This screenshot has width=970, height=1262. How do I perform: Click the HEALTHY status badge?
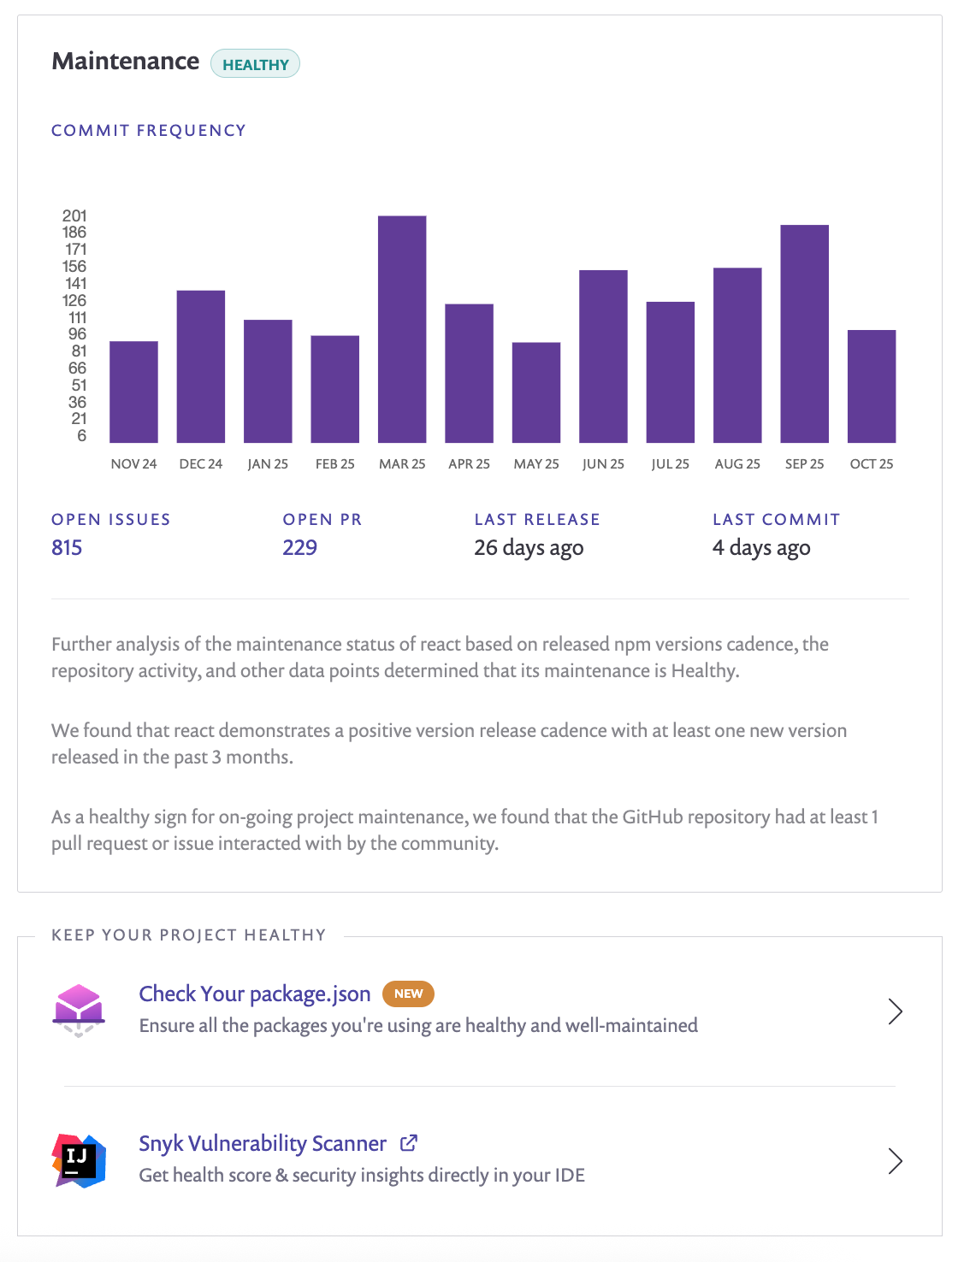tap(255, 64)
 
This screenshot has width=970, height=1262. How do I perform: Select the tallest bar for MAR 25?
tap(402, 329)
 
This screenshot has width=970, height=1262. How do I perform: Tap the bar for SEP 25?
tap(804, 333)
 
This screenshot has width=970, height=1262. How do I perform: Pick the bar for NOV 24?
tap(133, 392)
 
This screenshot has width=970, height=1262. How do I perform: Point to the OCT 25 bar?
tap(871, 386)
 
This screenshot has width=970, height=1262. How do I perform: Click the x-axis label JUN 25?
tap(603, 463)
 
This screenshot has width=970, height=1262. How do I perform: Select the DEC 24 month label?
tap(200, 463)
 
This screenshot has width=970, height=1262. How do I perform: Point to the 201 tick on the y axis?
tap(74, 215)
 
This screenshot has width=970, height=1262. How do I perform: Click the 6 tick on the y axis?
tap(81, 436)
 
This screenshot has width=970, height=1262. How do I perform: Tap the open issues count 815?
tap(67, 547)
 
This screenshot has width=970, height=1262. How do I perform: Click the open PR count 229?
tap(299, 547)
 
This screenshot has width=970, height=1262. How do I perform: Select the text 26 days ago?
tap(529, 547)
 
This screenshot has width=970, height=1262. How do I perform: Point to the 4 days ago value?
tap(761, 547)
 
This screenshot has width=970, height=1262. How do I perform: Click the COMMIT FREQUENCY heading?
tap(149, 130)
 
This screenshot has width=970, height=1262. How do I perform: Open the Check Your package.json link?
tap(255, 994)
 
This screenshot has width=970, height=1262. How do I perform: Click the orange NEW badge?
tap(408, 994)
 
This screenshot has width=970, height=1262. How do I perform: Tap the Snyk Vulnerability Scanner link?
tap(263, 1143)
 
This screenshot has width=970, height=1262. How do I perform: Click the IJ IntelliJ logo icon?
tap(79, 1160)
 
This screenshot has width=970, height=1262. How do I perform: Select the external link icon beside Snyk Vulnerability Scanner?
tap(409, 1142)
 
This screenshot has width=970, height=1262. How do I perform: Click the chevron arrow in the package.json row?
tap(895, 1011)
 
